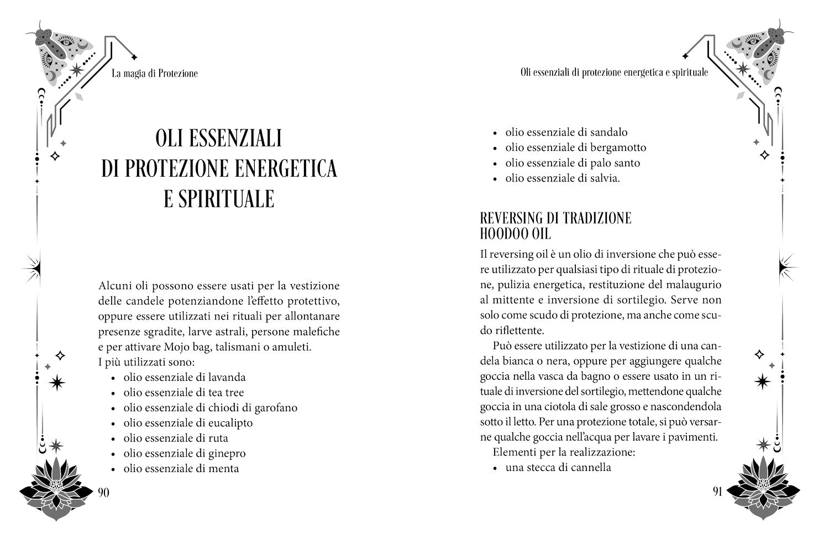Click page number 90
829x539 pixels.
[103, 493]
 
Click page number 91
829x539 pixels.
[717, 492]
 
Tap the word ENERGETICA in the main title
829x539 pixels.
[286, 169]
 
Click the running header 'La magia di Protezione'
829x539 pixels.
[154, 74]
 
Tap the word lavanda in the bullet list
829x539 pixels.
[227, 378]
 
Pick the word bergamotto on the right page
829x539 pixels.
[618, 148]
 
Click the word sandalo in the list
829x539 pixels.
[608, 132]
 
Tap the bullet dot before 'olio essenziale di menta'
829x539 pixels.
[113, 469]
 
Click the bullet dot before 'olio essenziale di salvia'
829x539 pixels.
[495, 179]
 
